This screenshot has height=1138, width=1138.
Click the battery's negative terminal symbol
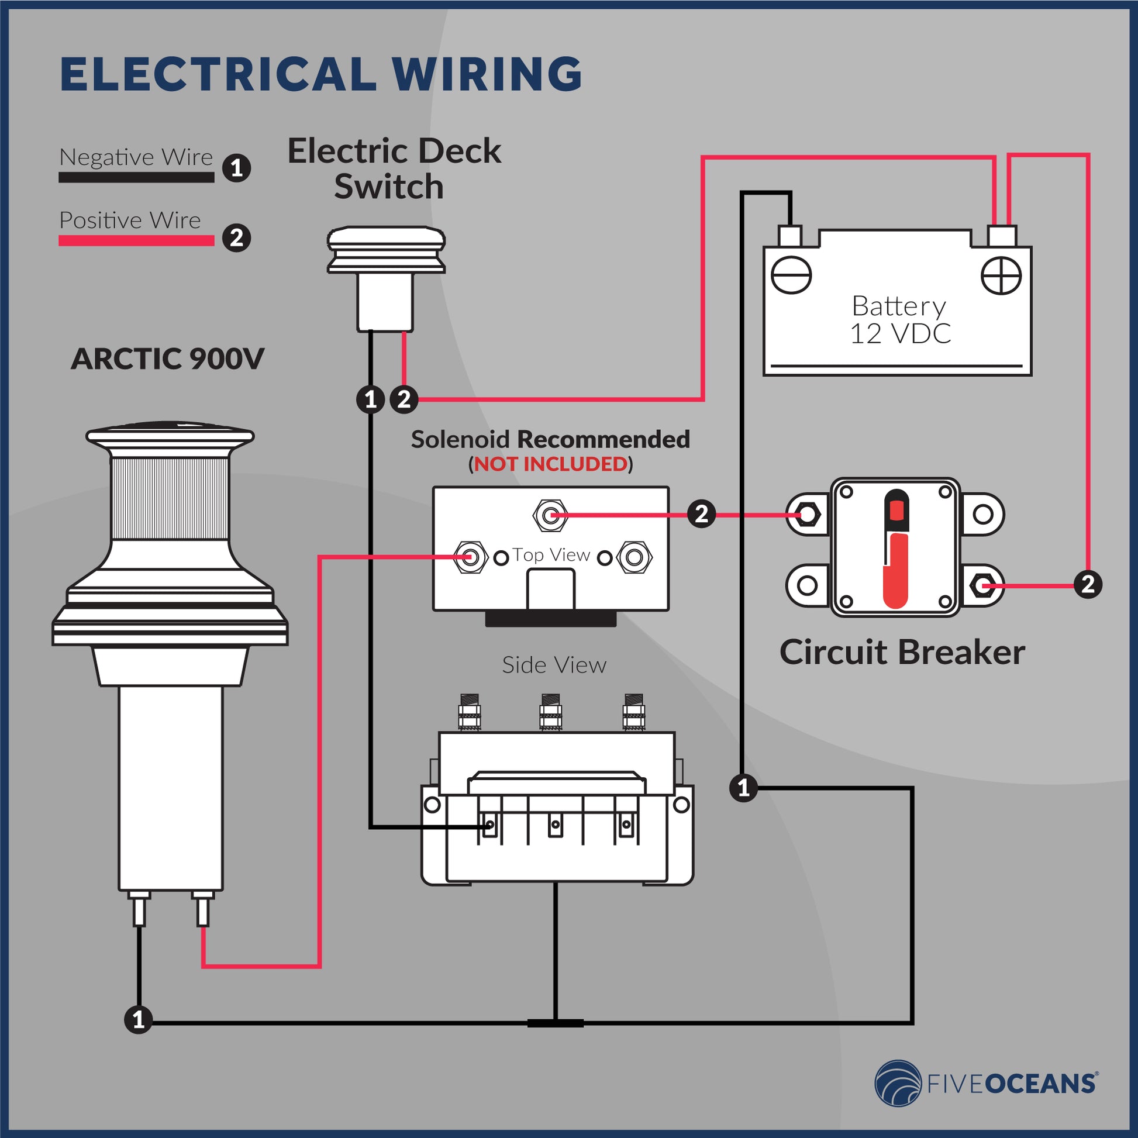tap(791, 275)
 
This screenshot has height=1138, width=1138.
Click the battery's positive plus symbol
tap(1001, 275)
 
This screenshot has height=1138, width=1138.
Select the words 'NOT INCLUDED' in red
tap(551, 464)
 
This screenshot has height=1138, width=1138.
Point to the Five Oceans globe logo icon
tap(898, 1083)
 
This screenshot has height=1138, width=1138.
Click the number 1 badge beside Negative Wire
tap(237, 168)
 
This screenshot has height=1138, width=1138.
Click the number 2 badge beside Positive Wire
tap(237, 238)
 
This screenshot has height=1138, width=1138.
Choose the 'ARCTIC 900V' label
tap(167, 358)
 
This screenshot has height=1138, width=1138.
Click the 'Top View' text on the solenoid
tap(551, 555)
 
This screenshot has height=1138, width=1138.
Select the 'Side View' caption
tap(554, 665)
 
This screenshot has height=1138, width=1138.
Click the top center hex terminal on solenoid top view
tap(550, 515)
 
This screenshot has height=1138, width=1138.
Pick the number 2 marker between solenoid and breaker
tap(702, 514)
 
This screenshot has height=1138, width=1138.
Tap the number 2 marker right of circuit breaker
tap(1087, 584)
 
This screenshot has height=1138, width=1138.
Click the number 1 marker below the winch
tap(139, 1019)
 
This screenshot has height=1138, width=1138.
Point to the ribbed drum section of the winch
tap(170, 498)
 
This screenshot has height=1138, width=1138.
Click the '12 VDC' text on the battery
tap(899, 334)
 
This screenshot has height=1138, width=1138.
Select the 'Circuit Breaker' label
tap(902, 652)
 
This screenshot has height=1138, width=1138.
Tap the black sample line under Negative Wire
tap(136, 177)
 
